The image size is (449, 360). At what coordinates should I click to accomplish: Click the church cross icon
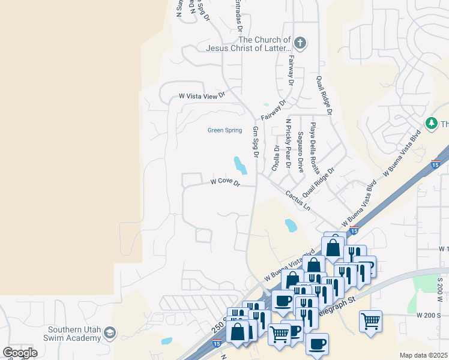pyautogui.click(x=300, y=43)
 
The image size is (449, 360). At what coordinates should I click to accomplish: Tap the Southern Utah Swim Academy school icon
pyautogui.click(x=109, y=332)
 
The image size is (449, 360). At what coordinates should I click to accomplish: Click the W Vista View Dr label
pyautogui.click(x=202, y=95)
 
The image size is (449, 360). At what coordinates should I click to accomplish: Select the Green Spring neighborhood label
pyautogui.click(x=224, y=130)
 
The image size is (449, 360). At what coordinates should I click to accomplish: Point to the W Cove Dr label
pyautogui.click(x=225, y=182)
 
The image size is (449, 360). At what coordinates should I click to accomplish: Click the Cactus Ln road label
pyautogui.click(x=298, y=200)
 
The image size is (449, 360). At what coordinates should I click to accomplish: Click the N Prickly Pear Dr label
pyautogui.click(x=288, y=144)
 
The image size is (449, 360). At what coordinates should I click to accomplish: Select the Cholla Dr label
pyautogui.click(x=276, y=158)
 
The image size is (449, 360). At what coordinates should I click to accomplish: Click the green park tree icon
pyautogui.click(x=430, y=123)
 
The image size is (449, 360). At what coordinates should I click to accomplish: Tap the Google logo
pyautogui.click(x=20, y=353)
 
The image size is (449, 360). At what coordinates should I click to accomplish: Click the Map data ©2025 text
pyautogui.click(x=423, y=355)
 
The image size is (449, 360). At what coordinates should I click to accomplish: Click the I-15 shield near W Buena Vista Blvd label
pyautogui.click(x=354, y=231)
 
